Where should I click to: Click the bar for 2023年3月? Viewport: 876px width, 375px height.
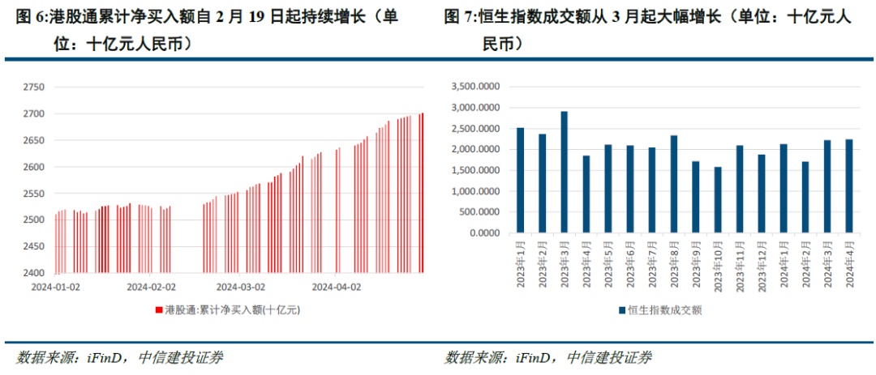pyautogui.click(x=565, y=172)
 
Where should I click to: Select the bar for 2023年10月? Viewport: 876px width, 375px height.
pyautogui.click(x=718, y=200)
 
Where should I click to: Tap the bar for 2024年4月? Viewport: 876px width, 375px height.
pyautogui.click(x=849, y=185)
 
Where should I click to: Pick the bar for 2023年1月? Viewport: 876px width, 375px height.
pyautogui.click(x=521, y=180)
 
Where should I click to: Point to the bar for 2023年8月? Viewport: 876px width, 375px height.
pyautogui.click(x=674, y=184)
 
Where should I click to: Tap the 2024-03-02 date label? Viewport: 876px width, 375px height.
pyautogui.click(x=240, y=286)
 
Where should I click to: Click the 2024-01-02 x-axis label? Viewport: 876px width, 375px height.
pyautogui.click(x=56, y=286)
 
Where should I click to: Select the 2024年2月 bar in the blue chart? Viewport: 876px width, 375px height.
pyautogui.click(x=805, y=197)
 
